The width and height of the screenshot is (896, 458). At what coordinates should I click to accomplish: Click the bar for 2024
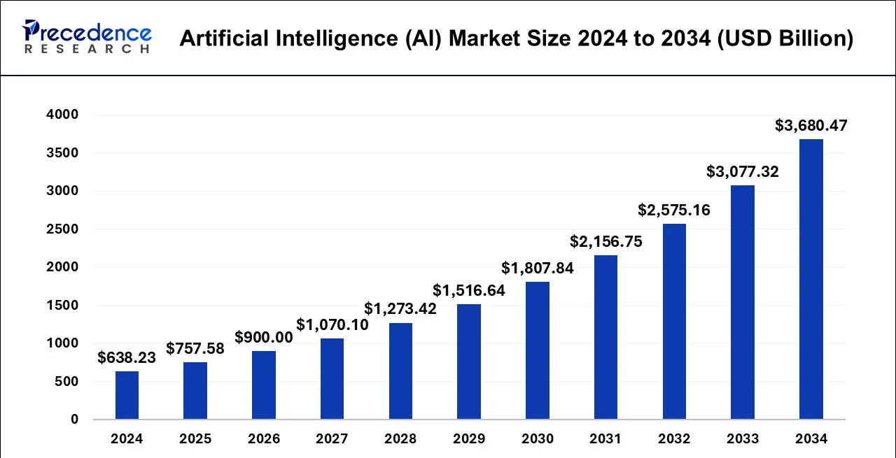tap(127, 395)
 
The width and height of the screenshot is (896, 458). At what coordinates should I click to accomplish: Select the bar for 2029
tap(469, 362)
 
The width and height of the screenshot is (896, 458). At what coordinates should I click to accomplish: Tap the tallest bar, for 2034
tap(811, 279)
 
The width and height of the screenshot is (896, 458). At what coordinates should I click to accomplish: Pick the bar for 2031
tap(605, 337)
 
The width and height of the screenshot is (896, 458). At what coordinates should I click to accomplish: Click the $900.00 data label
tap(264, 337)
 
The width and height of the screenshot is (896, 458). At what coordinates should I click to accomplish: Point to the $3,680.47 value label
tap(811, 125)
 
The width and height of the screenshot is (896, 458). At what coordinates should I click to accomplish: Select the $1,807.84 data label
tap(537, 268)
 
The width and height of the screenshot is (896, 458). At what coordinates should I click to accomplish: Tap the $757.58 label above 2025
tap(195, 348)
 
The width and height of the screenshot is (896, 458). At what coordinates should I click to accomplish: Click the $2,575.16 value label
tap(674, 210)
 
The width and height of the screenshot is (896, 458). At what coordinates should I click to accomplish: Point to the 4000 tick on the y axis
tap(62, 114)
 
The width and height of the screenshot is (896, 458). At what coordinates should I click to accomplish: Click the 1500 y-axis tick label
tap(62, 306)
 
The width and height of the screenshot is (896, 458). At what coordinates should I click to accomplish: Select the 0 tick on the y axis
tap(74, 420)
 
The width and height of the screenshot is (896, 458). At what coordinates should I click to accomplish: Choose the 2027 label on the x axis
tap(332, 438)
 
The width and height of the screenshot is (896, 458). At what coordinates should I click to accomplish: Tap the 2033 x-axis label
tap(743, 438)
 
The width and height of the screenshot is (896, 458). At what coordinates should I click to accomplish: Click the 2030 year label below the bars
tap(537, 438)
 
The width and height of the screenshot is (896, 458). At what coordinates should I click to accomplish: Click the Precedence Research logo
tap(87, 36)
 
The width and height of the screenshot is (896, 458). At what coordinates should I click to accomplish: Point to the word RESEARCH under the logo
tap(87, 49)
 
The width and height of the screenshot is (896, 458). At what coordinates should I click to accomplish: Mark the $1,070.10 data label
tap(332, 324)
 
